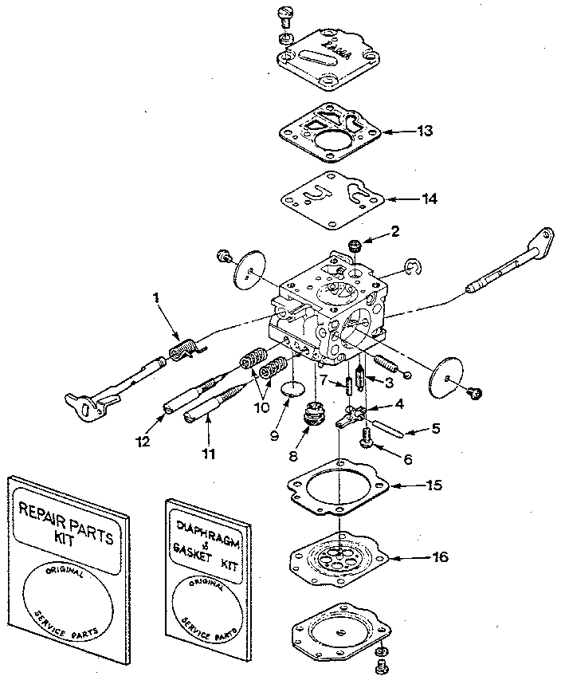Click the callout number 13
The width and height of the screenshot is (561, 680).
point(426,131)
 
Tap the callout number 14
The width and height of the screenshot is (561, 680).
point(429,198)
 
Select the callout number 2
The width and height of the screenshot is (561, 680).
point(393,232)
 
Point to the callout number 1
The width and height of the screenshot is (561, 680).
point(157,297)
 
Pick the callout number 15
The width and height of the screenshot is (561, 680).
point(433,484)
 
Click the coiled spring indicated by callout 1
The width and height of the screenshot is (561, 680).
point(186,349)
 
